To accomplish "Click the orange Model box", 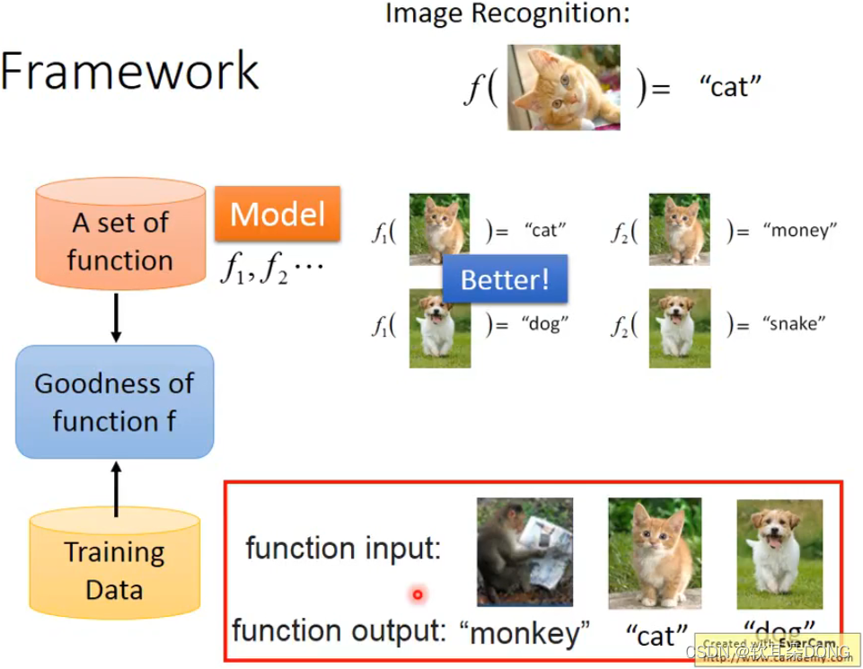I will coord(277,214).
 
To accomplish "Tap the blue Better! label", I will coord(504,279).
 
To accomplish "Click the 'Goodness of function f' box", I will coord(114,401).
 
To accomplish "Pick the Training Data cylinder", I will coord(114,561).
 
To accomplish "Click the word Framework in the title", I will coord(131,71).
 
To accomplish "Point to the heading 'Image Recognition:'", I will coord(507,14).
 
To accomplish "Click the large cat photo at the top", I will coord(563,87).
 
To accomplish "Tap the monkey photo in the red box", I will coord(524,551).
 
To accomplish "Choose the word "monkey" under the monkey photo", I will coord(524,633).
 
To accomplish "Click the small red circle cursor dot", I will coord(418,594).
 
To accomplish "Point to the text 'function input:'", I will coord(344,548).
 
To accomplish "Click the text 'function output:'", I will coord(339,630).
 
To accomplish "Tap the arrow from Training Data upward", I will coord(116,489).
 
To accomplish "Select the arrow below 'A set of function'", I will coord(116,320).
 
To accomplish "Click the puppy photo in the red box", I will coord(779,553).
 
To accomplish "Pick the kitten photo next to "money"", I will coord(679,229).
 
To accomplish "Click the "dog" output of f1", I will coord(545,325).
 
